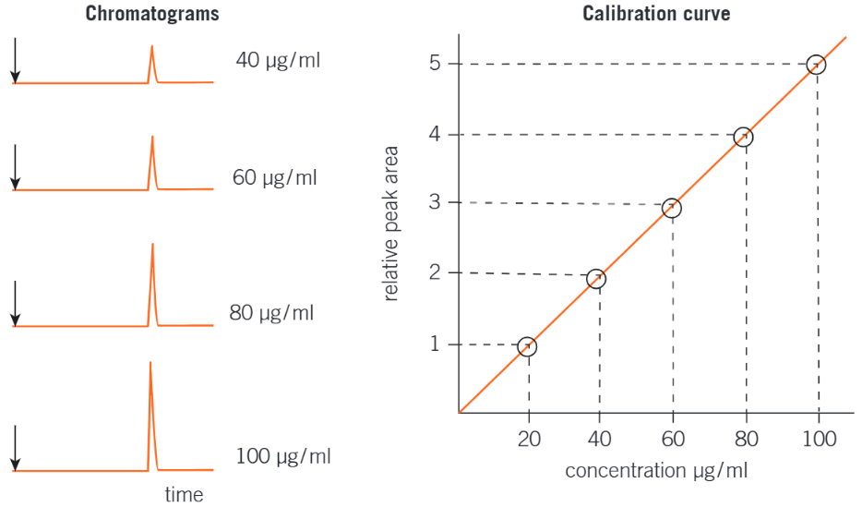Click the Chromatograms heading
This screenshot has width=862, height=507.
coord(152,15)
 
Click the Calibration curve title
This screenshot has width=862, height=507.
coord(656,14)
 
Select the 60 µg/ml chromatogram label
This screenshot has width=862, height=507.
coord(274,177)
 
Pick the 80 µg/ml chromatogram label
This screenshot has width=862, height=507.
coord(271,312)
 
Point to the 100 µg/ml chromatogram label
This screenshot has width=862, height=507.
coord(282,455)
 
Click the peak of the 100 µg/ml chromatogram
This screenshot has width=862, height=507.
coord(150,364)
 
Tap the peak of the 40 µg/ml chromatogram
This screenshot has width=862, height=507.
coord(152,47)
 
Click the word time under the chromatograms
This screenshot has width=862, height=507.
coord(184,494)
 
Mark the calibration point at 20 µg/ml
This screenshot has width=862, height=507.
coord(527,347)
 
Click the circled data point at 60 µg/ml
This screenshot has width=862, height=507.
coord(672,208)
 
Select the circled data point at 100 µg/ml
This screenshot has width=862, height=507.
coord(816,65)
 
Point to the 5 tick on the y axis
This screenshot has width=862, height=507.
coord(434,64)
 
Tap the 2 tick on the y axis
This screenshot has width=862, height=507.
coord(434,272)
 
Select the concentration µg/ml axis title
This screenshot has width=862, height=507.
coord(656,471)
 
